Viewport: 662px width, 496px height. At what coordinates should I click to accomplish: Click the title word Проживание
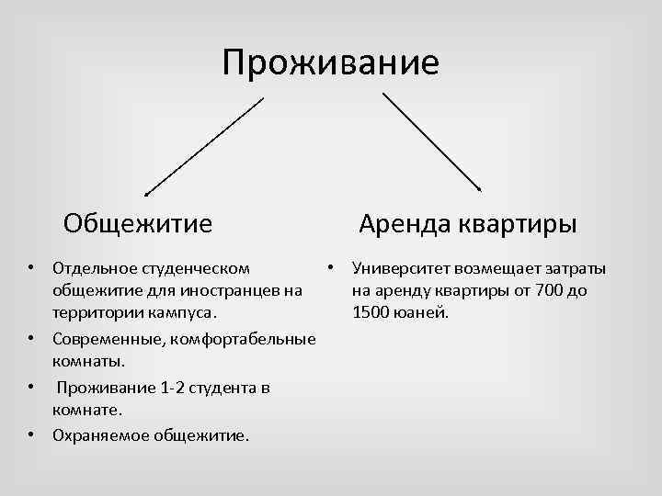tap(330, 63)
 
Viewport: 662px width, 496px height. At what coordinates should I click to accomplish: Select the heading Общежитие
tap(138, 223)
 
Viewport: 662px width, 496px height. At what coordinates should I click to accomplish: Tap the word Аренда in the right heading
tap(400, 223)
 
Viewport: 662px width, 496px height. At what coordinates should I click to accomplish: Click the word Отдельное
tap(95, 268)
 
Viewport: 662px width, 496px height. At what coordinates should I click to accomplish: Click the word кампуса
tap(188, 313)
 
